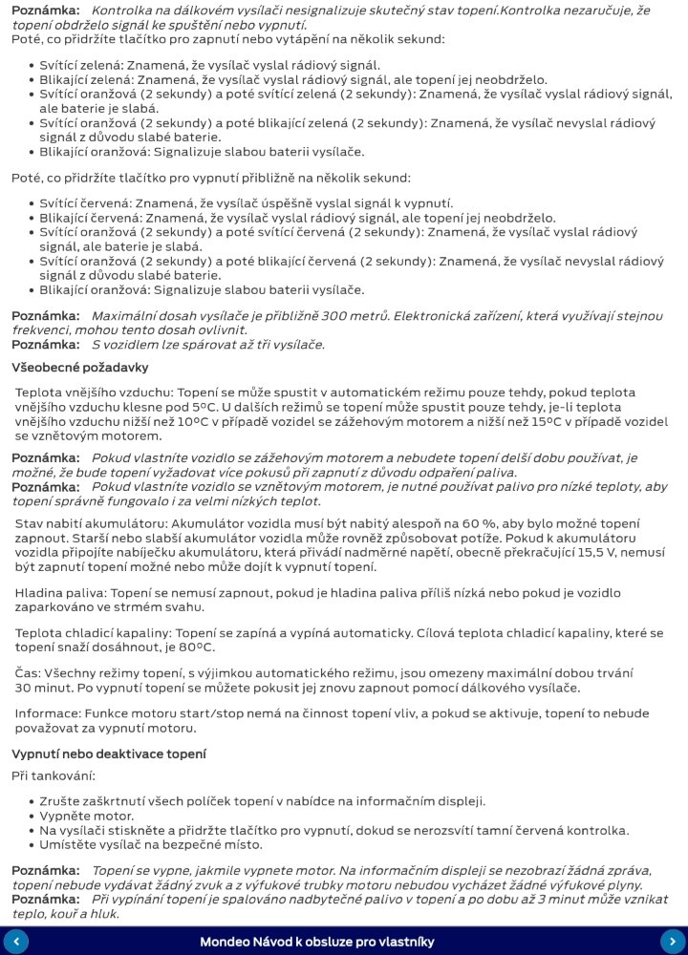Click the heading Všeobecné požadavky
(x=79, y=367)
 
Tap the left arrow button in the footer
(x=15, y=941)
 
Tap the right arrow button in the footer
(x=673, y=941)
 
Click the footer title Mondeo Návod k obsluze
(x=317, y=942)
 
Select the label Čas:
(x=30, y=673)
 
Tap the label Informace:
(x=48, y=713)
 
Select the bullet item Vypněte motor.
(x=86, y=816)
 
